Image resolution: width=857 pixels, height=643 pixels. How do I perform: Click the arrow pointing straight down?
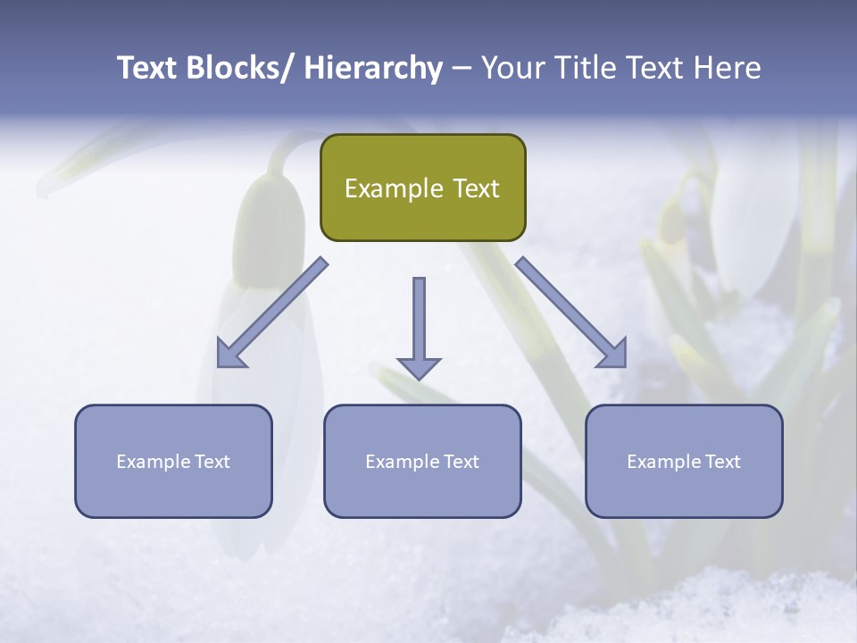click(x=419, y=326)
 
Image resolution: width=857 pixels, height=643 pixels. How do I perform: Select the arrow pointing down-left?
click(x=272, y=313)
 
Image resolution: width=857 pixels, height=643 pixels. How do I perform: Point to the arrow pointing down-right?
click(x=571, y=313)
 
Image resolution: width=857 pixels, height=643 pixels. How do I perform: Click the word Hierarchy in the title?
click(x=373, y=68)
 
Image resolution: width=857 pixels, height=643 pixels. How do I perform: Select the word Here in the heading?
click(x=727, y=68)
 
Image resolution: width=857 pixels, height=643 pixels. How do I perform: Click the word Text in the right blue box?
click(x=722, y=462)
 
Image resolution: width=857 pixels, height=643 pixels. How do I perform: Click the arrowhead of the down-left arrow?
click(x=231, y=354)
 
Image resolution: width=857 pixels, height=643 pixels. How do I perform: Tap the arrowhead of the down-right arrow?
click(x=613, y=354)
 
